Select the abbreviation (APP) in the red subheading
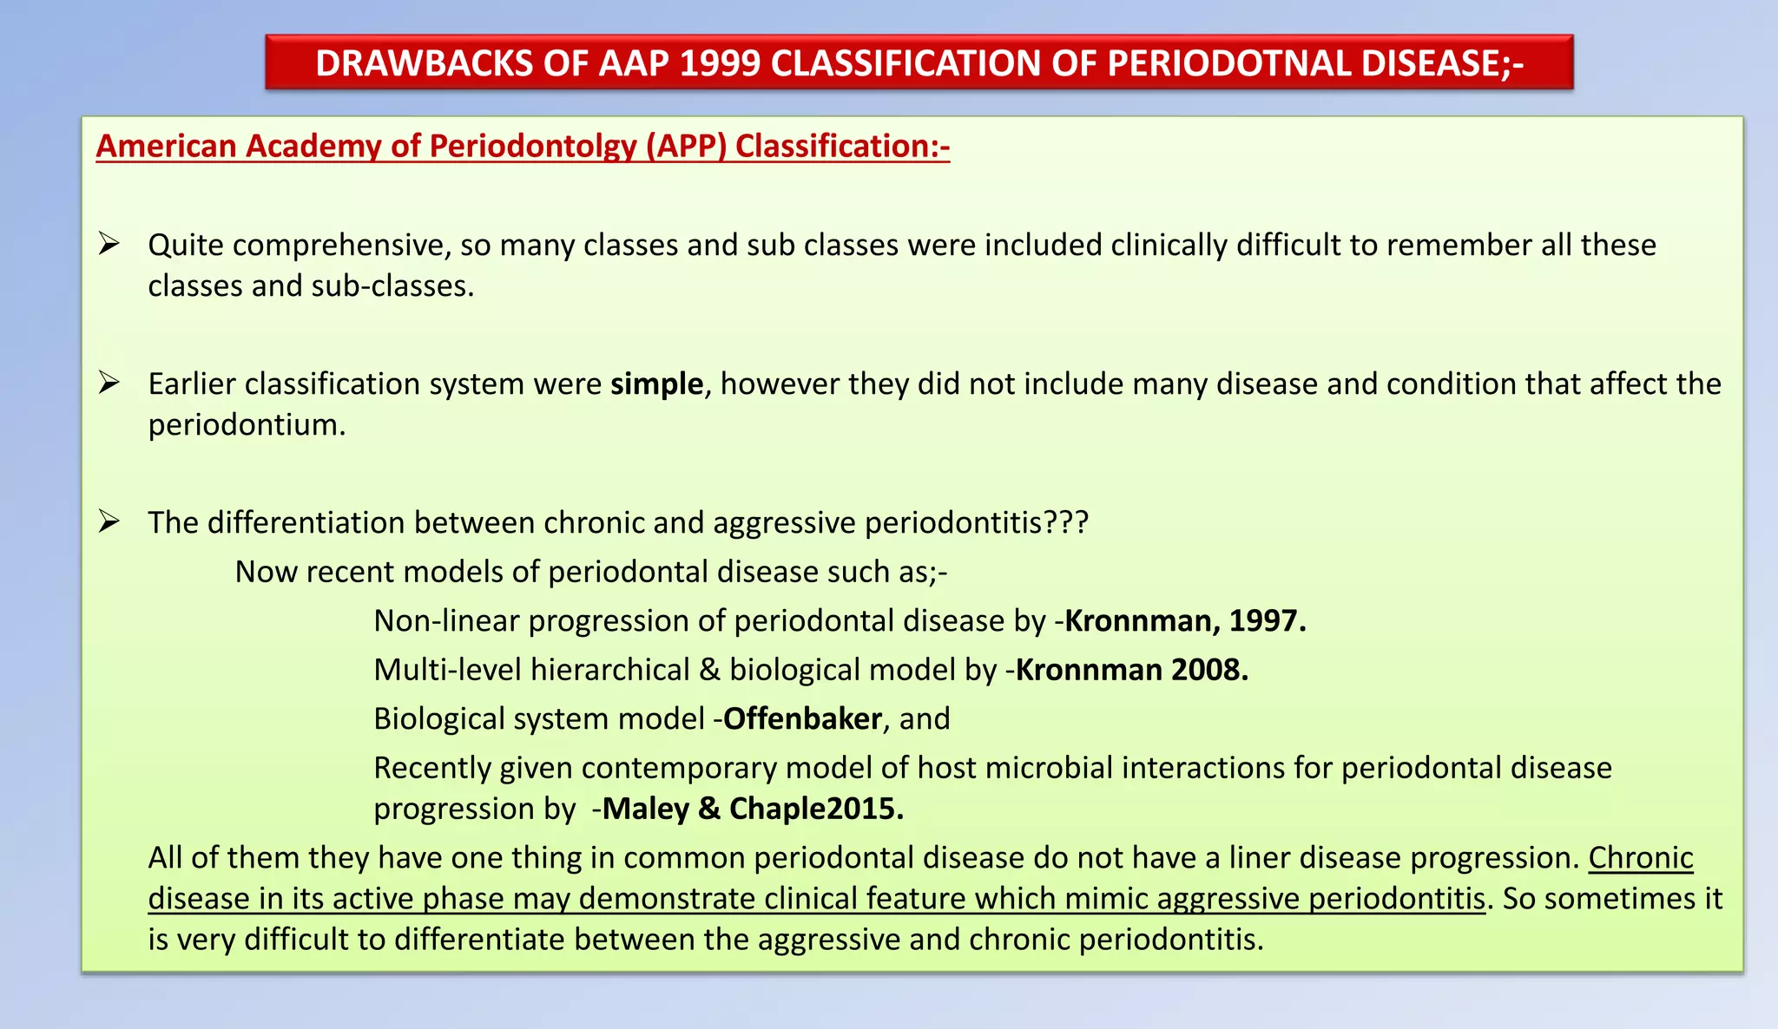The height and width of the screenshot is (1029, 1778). (x=686, y=146)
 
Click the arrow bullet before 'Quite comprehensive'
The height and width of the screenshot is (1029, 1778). (x=109, y=244)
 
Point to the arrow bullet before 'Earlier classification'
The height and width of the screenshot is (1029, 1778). (x=109, y=383)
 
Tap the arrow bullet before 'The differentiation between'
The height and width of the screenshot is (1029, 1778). (x=109, y=521)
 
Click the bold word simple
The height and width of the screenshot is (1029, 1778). (x=656, y=383)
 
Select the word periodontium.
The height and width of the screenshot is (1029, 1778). (x=246, y=425)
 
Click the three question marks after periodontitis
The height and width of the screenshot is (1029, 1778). (x=1065, y=522)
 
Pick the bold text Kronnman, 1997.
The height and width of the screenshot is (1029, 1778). (x=1185, y=620)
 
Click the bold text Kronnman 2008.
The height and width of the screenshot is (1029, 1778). (x=1132, y=670)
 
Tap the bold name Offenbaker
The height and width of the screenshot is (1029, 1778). (x=802, y=718)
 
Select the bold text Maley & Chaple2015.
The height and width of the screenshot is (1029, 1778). (x=753, y=809)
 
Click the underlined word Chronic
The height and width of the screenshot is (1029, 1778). (x=1641, y=857)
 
